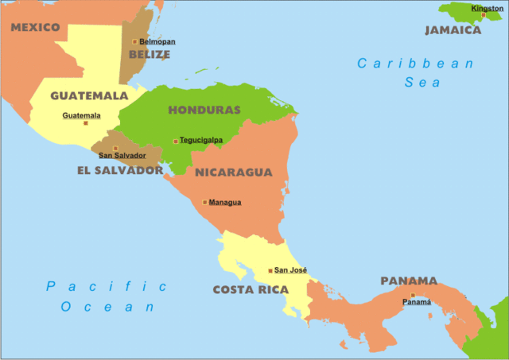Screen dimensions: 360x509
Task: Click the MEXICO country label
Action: point(35,28)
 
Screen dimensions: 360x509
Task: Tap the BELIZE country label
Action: point(150,55)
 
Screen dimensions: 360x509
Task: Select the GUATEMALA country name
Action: point(89,95)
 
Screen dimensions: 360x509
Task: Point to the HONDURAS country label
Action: point(204,110)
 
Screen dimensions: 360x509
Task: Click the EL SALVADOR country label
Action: point(120,170)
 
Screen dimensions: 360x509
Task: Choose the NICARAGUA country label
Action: point(233,172)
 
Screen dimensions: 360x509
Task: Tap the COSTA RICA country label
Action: point(251,290)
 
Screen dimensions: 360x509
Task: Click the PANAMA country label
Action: point(409,281)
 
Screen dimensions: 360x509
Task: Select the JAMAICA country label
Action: point(453,30)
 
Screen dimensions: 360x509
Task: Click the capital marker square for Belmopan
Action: point(134,41)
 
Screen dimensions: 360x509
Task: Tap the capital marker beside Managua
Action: point(204,202)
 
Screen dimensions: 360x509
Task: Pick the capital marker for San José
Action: point(270,270)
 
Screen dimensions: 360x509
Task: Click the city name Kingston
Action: point(488,8)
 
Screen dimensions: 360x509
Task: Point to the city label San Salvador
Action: point(122,156)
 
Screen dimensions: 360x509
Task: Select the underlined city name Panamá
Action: point(417,302)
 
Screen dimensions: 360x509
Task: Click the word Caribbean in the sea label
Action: point(415,64)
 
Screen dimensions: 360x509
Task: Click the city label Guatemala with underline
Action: point(81,115)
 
